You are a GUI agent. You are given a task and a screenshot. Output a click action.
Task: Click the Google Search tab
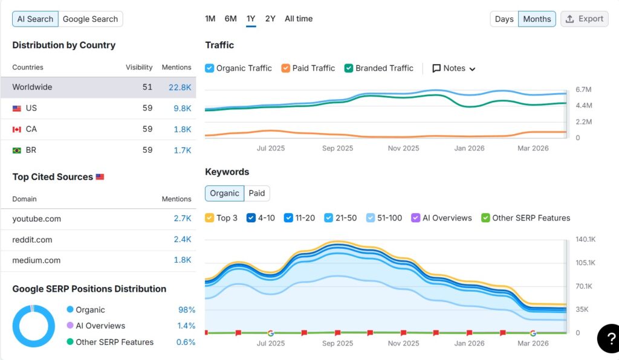[90, 19]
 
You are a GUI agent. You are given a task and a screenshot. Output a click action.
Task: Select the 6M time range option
[230, 19]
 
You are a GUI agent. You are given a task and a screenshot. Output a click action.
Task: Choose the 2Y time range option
[270, 19]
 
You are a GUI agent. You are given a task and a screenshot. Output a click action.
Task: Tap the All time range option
[299, 19]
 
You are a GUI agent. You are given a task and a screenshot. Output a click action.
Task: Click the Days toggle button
[504, 19]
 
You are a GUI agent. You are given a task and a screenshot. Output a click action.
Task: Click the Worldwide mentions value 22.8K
[180, 87]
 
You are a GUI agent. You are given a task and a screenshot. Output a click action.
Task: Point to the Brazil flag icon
[17, 150]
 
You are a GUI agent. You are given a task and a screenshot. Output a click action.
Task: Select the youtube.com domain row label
[37, 219]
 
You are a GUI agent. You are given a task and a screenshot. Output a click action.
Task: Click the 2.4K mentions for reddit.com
[182, 240]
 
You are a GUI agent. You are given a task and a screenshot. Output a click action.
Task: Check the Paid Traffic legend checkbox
[286, 68]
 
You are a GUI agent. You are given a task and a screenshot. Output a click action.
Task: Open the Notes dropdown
[454, 68]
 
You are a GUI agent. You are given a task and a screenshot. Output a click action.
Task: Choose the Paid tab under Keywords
[257, 193]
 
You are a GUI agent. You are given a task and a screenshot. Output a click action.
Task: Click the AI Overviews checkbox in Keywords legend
[416, 218]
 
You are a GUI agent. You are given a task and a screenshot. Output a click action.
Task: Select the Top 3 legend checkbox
[210, 218]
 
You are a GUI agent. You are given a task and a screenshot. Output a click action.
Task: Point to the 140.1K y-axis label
[585, 239]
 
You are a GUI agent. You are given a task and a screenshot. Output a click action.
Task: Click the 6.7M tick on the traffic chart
[583, 89]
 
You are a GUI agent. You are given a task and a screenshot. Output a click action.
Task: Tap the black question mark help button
[609, 338]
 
